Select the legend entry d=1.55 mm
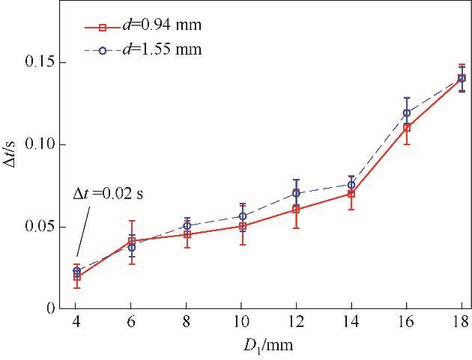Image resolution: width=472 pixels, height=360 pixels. (160, 49)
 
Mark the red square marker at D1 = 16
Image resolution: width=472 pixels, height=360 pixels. (407, 128)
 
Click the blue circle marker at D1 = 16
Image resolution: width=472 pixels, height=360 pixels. (407, 113)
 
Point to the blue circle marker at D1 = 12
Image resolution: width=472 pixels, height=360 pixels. (297, 193)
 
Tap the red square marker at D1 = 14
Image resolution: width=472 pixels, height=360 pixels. (351, 194)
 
